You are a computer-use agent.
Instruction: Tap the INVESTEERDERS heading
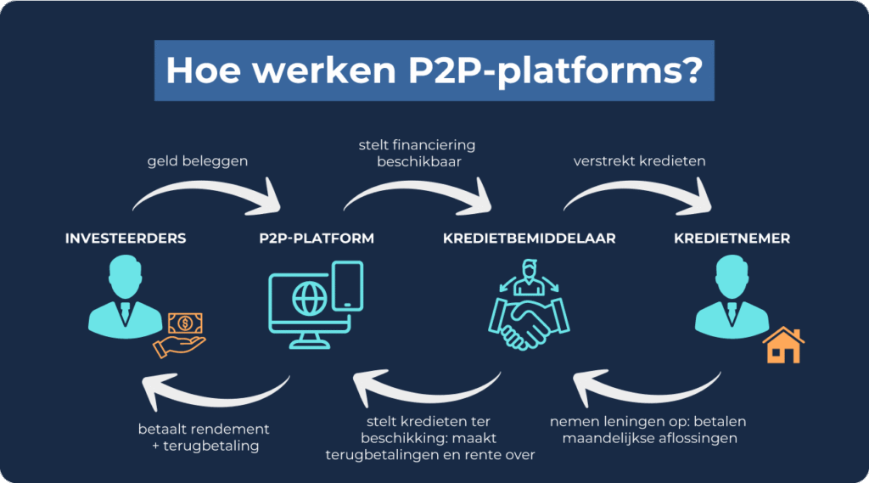click(x=126, y=239)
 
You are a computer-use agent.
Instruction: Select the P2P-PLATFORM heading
click(x=317, y=239)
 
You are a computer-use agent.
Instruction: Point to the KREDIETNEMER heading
click(x=732, y=239)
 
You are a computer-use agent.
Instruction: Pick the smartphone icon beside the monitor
click(x=349, y=285)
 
